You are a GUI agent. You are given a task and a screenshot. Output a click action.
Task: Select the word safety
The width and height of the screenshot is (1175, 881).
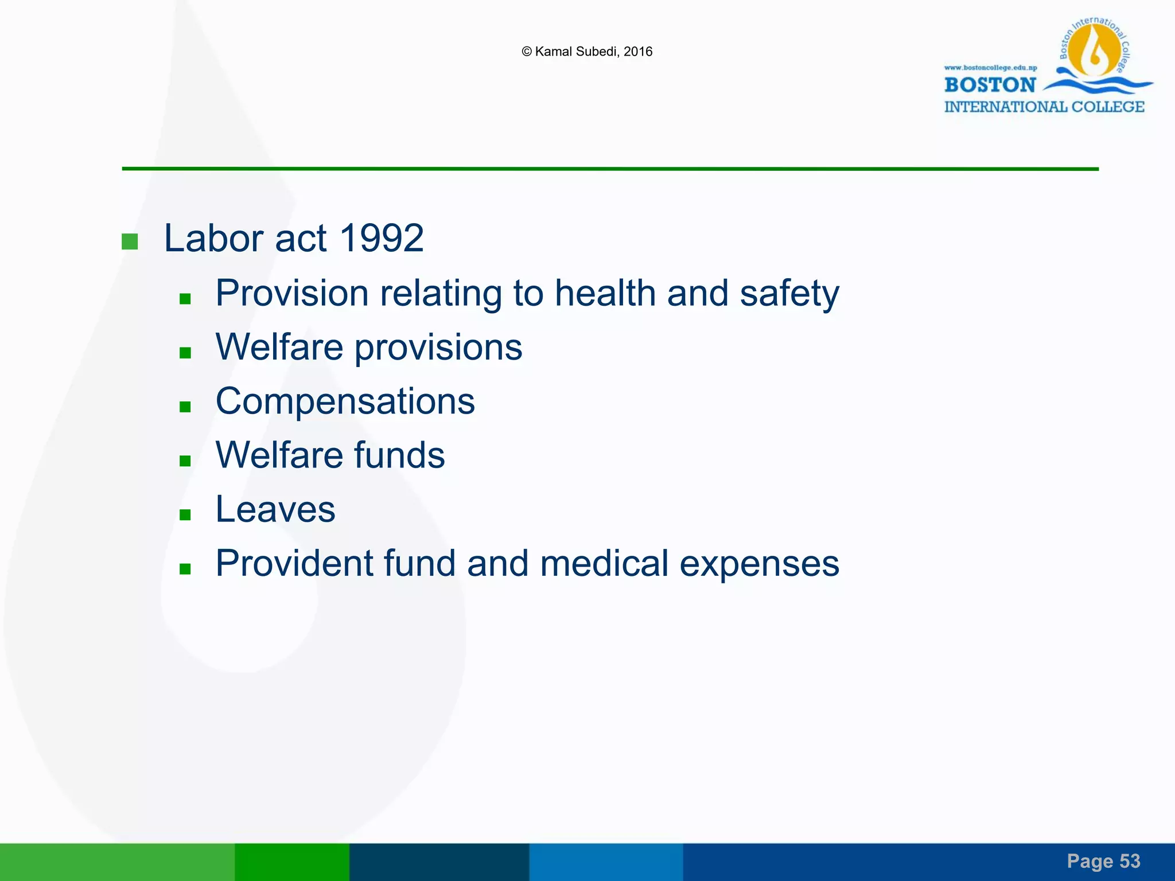click(789, 294)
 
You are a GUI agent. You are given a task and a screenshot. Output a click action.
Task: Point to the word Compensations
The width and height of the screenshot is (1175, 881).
click(345, 401)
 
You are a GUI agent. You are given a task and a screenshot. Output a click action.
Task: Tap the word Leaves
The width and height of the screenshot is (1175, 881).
click(275, 509)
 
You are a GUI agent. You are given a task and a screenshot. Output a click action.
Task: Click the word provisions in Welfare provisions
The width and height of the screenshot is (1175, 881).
click(438, 348)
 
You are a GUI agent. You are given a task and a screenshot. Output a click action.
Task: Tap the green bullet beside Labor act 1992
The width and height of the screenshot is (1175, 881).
click(130, 241)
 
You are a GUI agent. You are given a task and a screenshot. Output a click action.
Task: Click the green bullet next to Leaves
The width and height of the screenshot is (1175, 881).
click(185, 515)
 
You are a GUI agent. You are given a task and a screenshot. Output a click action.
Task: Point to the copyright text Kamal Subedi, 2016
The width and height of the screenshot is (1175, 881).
click(587, 52)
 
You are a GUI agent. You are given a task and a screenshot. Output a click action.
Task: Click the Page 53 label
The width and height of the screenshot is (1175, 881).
click(1103, 861)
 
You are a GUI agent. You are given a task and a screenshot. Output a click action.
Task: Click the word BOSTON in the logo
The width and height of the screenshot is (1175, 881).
click(990, 85)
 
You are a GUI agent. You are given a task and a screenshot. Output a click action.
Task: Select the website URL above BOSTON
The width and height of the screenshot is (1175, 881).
click(990, 68)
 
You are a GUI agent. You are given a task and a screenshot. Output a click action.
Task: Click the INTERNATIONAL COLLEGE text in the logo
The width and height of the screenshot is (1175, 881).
click(1044, 107)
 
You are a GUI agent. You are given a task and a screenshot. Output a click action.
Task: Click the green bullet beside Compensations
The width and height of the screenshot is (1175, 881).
click(185, 407)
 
